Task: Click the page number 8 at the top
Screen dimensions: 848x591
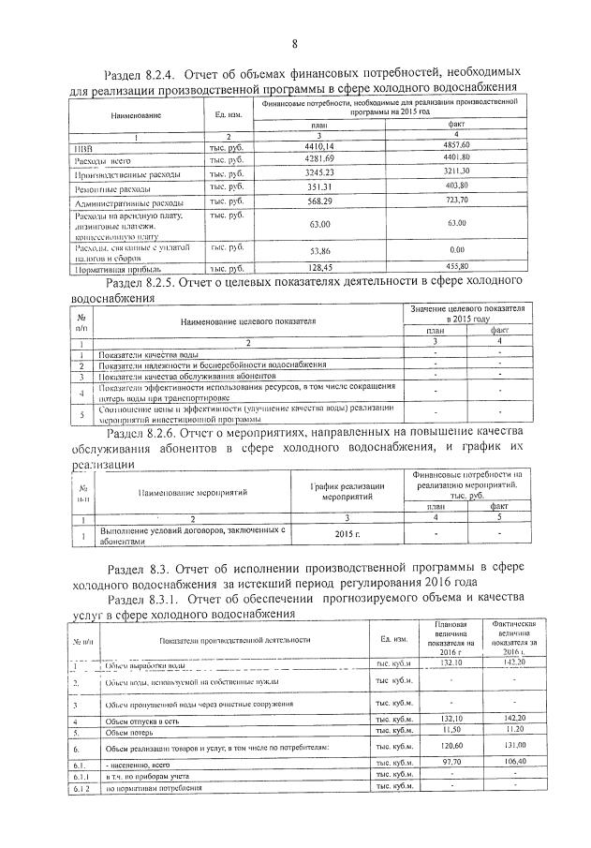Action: [x=294, y=43]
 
